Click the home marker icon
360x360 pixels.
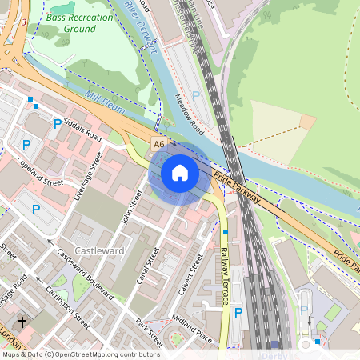coord(180,173)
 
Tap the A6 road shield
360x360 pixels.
coord(159,144)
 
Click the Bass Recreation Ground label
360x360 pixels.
coord(71,22)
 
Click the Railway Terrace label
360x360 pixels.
coord(225,276)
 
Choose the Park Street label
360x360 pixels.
coord(149,333)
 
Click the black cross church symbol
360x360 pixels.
coord(22,322)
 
